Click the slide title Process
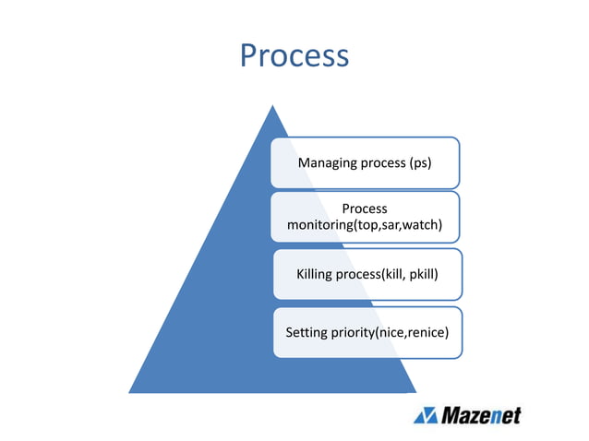[x=294, y=56]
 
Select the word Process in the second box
[x=364, y=209]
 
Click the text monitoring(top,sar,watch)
[x=365, y=225]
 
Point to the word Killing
[x=316, y=274]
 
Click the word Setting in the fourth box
[x=307, y=331]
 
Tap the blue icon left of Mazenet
[x=426, y=415]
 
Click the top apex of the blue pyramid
[x=271, y=105]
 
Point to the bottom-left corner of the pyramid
[x=129, y=392]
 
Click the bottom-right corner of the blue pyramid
[x=416, y=392]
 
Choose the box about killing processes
[x=367, y=274]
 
